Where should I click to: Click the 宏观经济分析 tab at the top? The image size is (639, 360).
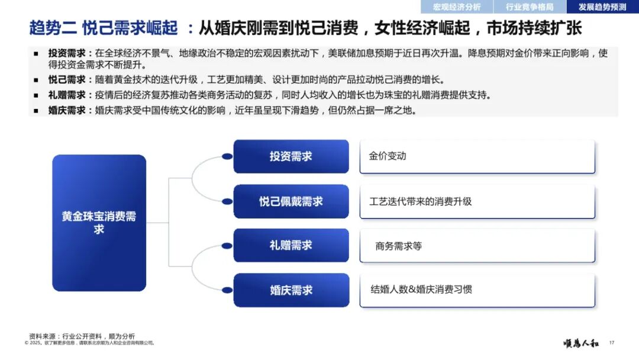pyautogui.click(x=457, y=7)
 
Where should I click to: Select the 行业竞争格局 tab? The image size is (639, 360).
pyautogui.click(x=530, y=7)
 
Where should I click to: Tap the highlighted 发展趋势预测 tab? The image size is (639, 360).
pyautogui.click(x=602, y=7)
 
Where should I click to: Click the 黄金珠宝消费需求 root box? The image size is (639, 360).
pyautogui.click(x=99, y=223)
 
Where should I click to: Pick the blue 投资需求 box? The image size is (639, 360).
pyautogui.click(x=291, y=156)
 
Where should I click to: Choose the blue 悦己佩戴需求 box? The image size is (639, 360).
pyautogui.click(x=291, y=201)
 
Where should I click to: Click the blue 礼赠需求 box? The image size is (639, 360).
pyautogui.click(x=291, y=245)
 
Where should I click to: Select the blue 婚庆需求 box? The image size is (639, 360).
pyautogui.click(x=291, y=290)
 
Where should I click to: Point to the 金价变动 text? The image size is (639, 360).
pyautogui.click(x=388, y=156)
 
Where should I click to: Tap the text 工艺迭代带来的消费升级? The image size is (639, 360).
pyautogui.click(x=421, y=201)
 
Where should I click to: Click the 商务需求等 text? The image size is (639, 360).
pyautogui.click(x=399, y=246)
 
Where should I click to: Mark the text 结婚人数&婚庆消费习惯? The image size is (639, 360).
pyautogui.click(x=421, y=290)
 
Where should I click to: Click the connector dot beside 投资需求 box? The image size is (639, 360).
pyautogui.click(x=227, y=156)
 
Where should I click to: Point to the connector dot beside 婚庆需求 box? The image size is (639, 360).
pyautogui.click(x=227, y=290)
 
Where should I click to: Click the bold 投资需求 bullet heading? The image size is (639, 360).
pyautogui.click(x=66, y=53)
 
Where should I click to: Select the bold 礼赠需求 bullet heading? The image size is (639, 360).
pyautogui.click(x=66, y=95)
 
